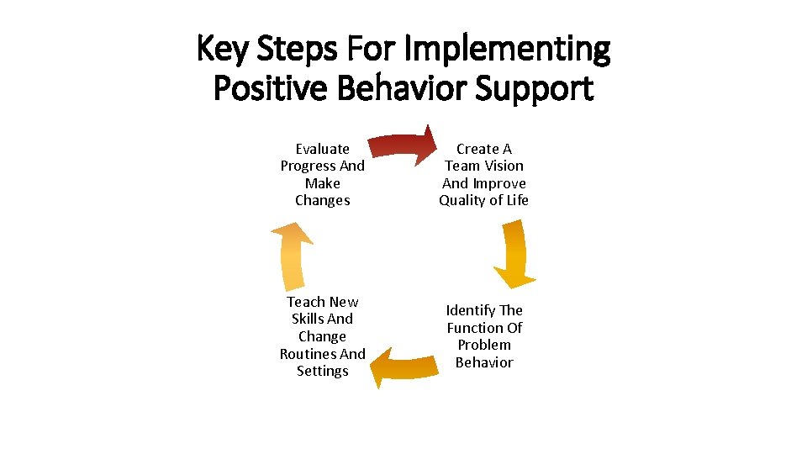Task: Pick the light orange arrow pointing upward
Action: click(x=293, y=256)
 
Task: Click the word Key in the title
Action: click(x=222, y=49)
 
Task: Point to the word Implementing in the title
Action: click(x=507, y=49)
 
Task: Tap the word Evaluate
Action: click(x=323, y=149)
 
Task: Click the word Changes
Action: click(x=323, y=200)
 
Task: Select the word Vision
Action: click(x=504, y=166)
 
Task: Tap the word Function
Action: click(x=477, y=328)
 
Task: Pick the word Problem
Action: click(x=484, y=345)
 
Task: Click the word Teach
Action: click(x=305, y=302)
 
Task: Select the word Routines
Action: click(x=308, y=354)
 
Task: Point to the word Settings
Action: click(x=323, y=371)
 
